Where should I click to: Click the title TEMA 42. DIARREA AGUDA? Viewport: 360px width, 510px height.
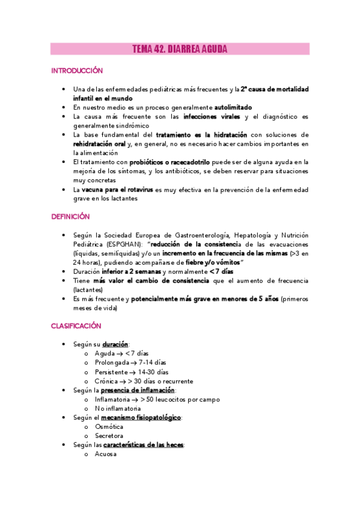click(180, 50)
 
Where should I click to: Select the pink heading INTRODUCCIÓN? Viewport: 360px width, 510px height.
click(77, 71)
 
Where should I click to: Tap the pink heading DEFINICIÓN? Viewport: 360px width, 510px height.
click(70, 216)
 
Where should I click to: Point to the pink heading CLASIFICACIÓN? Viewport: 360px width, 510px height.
click(76, 326)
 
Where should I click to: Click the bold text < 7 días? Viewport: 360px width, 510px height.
click(221, 271)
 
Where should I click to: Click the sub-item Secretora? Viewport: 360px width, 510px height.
click(109, 435)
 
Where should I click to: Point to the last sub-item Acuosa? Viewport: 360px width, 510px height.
click(106, 454)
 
